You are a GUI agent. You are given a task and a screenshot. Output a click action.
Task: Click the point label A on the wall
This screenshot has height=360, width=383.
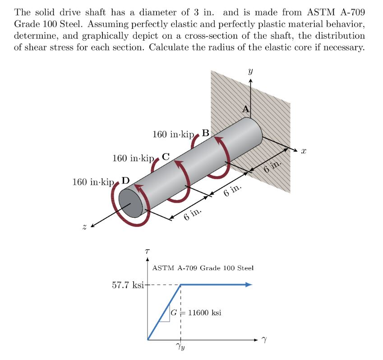coord(245,109)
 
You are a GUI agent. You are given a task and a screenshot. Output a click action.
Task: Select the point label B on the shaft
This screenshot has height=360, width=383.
coord(205,133)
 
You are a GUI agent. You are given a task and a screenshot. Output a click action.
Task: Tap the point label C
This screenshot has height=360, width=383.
coord(166,157)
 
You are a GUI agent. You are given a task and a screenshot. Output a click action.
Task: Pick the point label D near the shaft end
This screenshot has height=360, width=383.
coord(125,181)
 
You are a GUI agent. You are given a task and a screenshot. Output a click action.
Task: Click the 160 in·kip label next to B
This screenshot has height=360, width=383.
coord(172,134)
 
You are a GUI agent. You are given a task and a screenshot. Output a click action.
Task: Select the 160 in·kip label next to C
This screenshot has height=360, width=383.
coord(133,159)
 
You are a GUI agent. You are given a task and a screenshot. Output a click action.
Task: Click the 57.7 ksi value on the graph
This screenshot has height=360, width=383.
coord(128,285)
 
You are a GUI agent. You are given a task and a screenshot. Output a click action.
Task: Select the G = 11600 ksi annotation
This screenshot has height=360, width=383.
coord(196,312)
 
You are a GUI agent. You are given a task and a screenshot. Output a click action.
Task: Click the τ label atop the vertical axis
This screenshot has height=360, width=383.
coord(147,250)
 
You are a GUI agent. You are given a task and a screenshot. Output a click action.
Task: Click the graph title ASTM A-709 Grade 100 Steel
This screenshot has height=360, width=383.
coord(203,268)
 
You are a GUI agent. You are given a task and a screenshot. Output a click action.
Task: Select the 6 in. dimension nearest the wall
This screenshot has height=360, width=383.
coord(273,168)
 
